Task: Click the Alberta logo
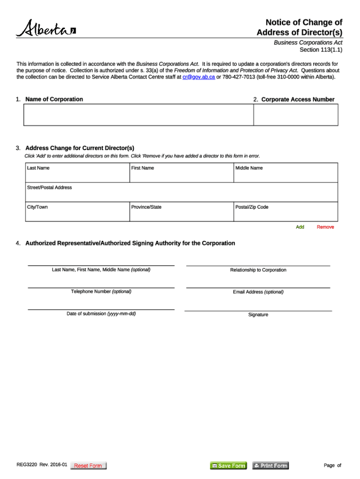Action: click(46, 29)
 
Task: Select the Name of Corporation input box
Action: click(138, 115)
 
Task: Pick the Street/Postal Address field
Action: click(181, 192)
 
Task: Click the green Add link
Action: click(300, 227)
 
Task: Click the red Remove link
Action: click(325, 227)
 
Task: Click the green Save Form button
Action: click(228, 465)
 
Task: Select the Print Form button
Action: click(271, 465)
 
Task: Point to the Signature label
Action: click(258, 315)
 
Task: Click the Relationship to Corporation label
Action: click(258, 270)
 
